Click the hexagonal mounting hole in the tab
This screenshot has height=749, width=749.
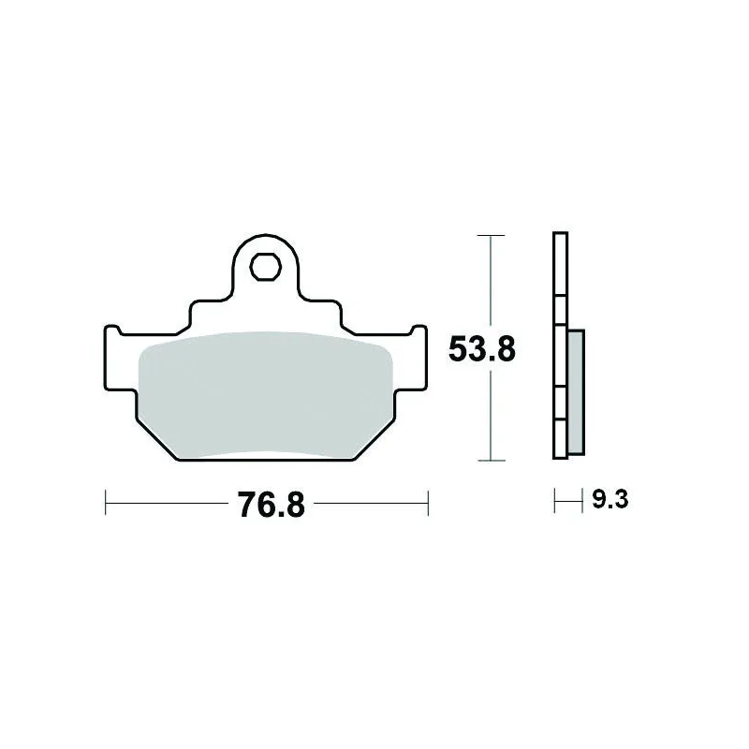click(x=265, y=267)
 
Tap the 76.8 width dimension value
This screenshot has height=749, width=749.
click(x=272, y=505)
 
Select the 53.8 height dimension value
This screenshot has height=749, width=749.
click(x=482, y=349)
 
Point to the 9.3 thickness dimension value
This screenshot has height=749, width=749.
click(x=610, y=500)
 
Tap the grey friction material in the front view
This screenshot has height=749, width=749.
click(x=265, y=395)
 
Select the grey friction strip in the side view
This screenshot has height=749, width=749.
click(x=576, y=391)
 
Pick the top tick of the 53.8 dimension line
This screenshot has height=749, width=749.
click(x=491, y=236)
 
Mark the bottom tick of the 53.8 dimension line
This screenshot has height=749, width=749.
click(x=491, y=461)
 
